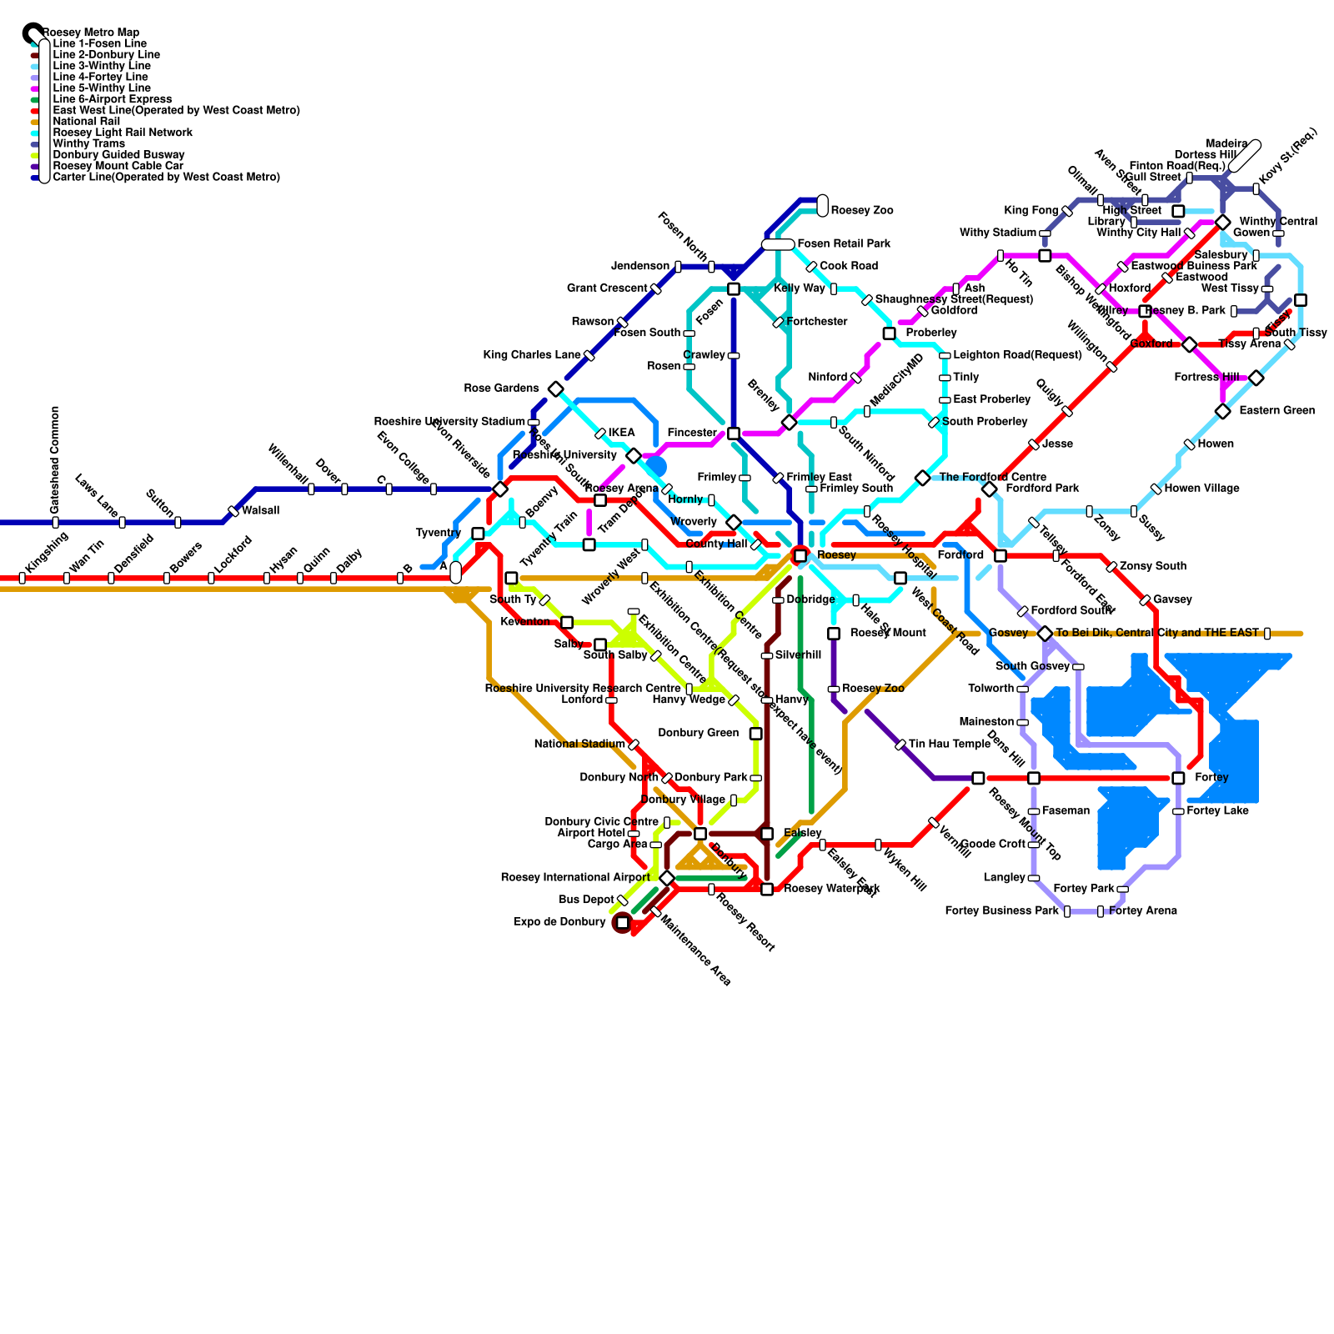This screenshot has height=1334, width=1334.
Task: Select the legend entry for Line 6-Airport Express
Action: (112, 99)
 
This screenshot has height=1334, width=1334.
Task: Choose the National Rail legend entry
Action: (86, 121)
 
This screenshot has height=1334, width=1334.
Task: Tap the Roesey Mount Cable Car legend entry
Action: (118, 166)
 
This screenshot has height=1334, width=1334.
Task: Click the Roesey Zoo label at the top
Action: (862, 210)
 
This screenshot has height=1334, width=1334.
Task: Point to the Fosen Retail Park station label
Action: (844, 243)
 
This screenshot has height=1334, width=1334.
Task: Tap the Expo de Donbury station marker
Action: (622, 922)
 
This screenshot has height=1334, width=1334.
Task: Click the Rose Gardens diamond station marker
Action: (556, 389)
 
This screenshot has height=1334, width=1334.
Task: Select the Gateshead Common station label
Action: (55, 459)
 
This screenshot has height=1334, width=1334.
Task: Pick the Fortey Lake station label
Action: (1217, 810)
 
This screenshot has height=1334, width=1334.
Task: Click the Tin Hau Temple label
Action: (949, 744)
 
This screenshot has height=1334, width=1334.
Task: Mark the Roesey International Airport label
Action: (574, 877)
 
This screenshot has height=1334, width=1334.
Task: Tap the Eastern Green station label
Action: (1276, 410)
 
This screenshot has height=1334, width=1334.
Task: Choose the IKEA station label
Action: (621, 433)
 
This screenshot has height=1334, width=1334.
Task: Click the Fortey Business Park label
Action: (1001, 910)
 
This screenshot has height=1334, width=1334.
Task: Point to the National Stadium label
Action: (579, 744)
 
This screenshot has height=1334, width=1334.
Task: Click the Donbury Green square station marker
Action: (755, 734)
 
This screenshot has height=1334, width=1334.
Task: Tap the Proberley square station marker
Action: (889, 333)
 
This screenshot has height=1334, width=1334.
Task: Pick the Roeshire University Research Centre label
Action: (582, 688)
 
